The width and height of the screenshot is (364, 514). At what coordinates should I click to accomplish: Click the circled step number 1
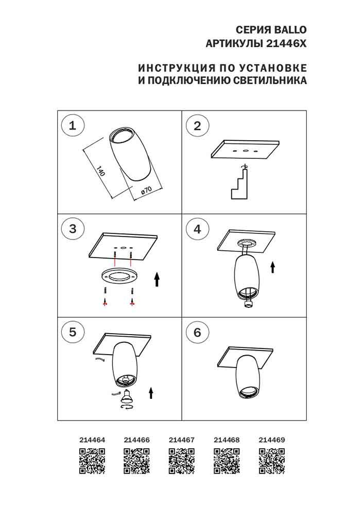(x=72, y=125)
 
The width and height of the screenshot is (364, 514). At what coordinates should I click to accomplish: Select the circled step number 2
(x=197, y=126)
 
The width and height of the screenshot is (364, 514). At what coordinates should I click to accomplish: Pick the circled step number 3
(x=72, y=229)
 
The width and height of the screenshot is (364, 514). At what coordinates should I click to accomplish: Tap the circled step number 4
(x=197, y=229)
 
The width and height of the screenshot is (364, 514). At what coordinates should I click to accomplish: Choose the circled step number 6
(x=197, y=333)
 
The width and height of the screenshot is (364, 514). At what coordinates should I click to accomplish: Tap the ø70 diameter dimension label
(x=146, y=191)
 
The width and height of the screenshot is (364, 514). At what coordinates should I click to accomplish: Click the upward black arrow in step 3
(x=158, y=279)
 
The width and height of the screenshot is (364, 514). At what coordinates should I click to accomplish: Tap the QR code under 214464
(x=92, y=461)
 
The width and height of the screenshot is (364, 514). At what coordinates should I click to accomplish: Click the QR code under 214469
(x=271, y=461)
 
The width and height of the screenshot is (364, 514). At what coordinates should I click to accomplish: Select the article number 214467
(x=182, y=440)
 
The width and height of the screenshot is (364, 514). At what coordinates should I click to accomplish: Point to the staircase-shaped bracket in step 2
(x=239, y=184)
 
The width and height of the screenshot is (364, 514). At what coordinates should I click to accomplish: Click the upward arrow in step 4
(x=273, y=267)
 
